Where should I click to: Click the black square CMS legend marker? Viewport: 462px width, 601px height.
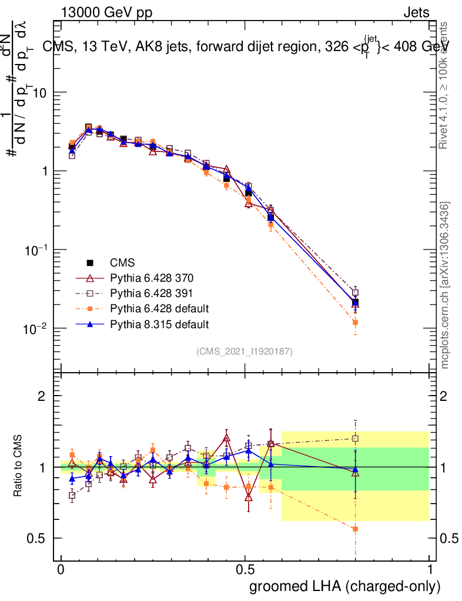point(90,262)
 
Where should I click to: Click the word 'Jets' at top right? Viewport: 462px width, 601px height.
point(416,12)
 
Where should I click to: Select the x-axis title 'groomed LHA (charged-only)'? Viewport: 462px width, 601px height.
point(345,586)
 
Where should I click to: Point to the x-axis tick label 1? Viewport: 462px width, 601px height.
point(429,570)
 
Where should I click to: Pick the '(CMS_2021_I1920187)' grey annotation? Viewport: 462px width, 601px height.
point(245,352)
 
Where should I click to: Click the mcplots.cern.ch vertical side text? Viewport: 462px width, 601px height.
point(446,285)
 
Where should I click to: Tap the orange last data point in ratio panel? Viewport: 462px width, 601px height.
point(355,529)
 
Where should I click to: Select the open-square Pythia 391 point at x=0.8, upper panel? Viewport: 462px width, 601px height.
point(355,292)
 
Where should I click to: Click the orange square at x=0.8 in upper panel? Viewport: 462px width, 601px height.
point(355,322)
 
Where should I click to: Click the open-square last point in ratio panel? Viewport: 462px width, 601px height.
point(355,438)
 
